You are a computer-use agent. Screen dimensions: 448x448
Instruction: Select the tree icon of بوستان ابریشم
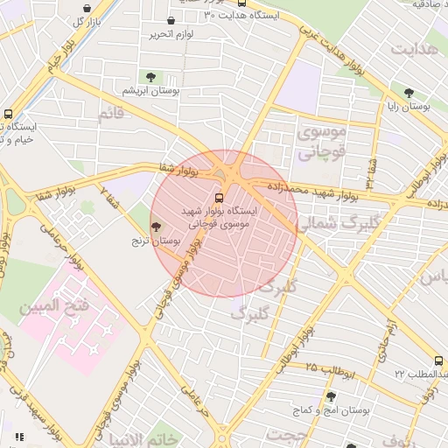(x=153, y=78)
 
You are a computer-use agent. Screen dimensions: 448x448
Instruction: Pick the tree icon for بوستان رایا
(x=409, y=93)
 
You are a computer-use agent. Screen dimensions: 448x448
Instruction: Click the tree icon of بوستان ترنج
(x=156, y=227)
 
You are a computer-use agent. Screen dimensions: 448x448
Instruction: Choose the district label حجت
(x=289, y=434)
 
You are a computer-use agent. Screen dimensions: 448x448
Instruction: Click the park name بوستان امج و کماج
(x=332, y=409)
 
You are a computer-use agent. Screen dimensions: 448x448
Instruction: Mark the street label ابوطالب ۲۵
(x=330, y=369)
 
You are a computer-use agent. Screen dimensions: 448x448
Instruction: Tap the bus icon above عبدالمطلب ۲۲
(x=437, y=361)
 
